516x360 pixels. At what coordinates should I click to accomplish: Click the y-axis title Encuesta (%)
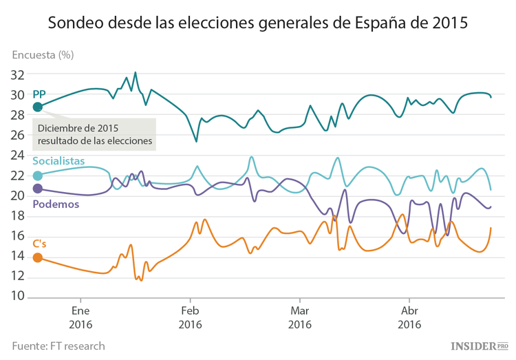tap(43, 54)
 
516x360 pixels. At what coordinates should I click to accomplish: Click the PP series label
tap(39, 93)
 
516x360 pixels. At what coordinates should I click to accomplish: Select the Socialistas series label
tap(63, 161)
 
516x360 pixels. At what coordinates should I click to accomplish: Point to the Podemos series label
tap(56, 204)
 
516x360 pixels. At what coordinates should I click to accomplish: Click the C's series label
tap(40, 244)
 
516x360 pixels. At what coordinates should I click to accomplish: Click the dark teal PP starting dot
tap(38, 107)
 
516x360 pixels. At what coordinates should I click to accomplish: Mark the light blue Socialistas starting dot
tap(38, 175)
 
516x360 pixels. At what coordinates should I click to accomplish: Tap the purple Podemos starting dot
tap(38, 188)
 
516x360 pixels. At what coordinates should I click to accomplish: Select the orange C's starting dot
tap(38, 257)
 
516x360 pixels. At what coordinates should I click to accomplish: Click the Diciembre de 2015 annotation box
tap(94, 135)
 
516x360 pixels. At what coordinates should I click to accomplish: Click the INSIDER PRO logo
tap(480, 346)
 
